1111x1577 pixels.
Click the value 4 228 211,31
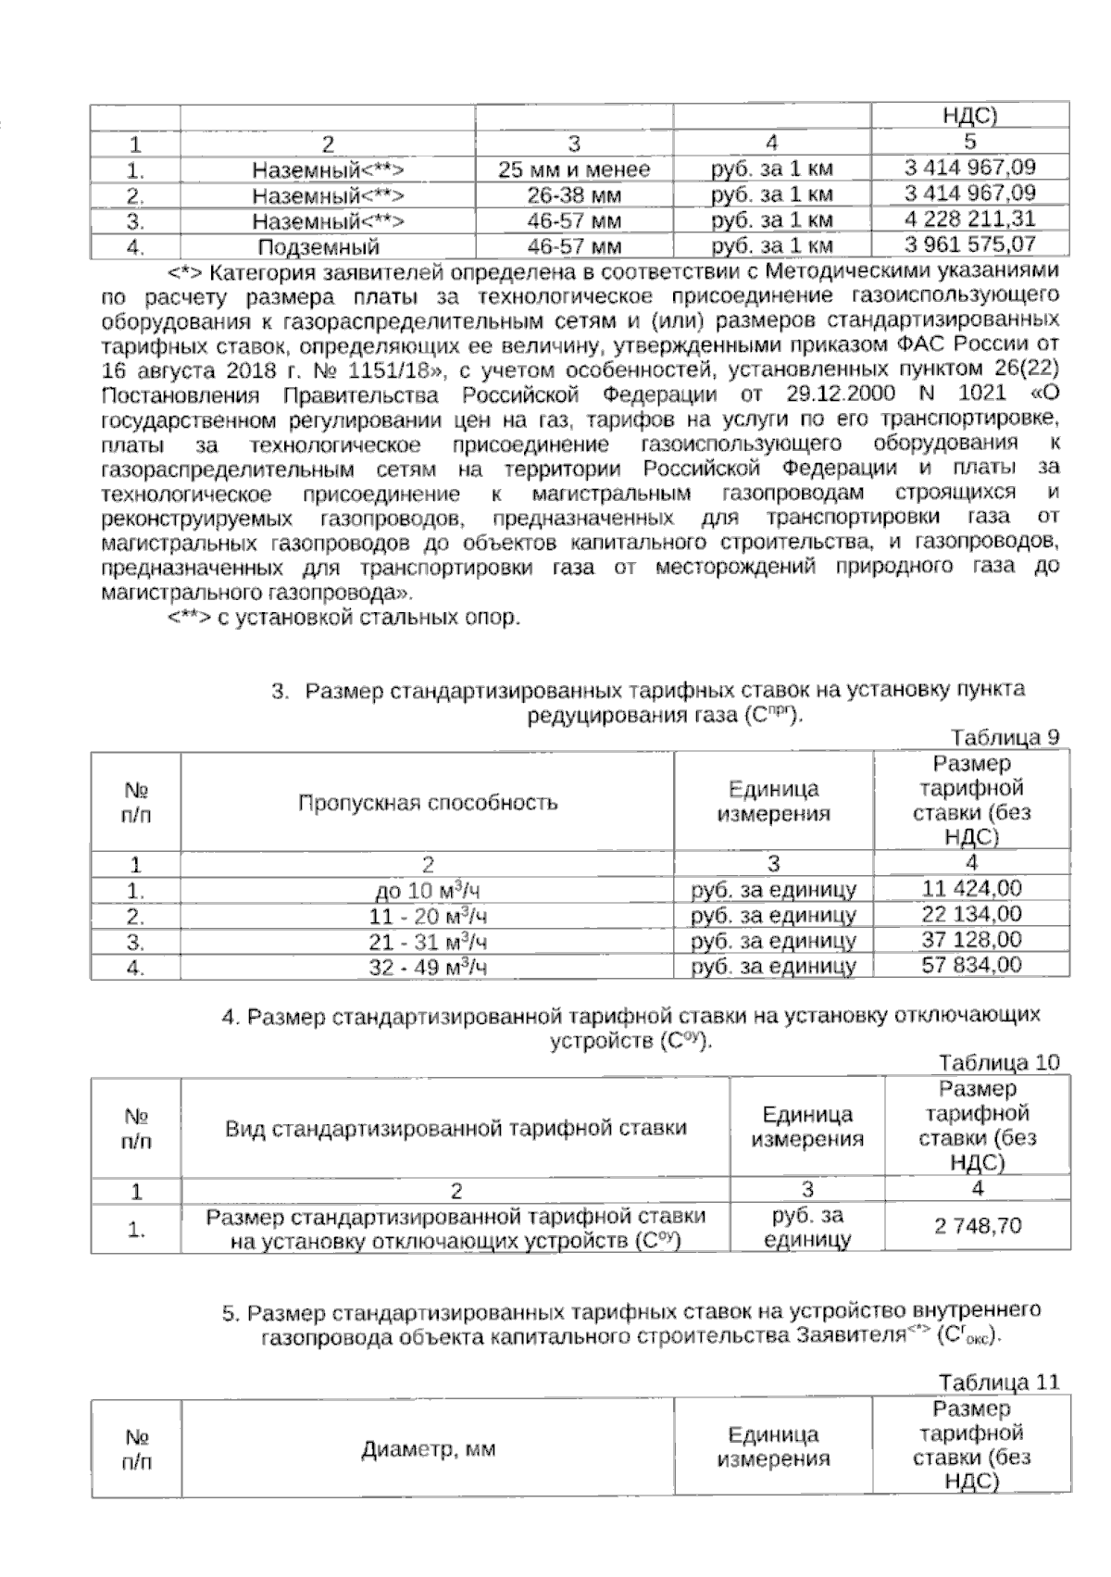(969, 219)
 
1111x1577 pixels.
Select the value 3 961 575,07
(969, 245)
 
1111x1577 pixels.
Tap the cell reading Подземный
(318, 246)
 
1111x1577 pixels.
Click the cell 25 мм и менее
(574, 169)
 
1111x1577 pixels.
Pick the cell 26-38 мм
(574, 195)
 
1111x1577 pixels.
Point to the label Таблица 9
(1004, 737)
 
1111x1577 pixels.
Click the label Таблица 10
(998, 1062)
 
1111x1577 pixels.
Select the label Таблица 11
(998, 1383)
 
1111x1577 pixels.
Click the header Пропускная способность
(428, 802)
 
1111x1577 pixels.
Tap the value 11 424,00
(972, 889)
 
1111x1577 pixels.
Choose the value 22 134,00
(972, 915)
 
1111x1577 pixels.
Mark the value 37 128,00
(972, 940)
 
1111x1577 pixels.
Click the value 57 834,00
(972, 965)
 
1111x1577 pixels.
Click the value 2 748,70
(978, 1227)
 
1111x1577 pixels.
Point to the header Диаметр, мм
(428, 1449)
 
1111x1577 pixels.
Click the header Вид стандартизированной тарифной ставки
(456, 1128)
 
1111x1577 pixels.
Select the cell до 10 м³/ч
(427, 892)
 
